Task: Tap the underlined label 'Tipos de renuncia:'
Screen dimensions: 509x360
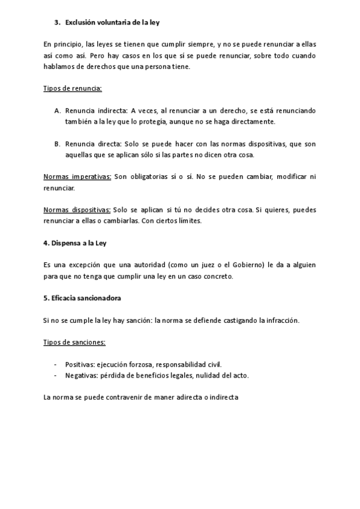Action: pos(73,88)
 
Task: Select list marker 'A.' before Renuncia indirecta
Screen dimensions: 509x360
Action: pos(58,111)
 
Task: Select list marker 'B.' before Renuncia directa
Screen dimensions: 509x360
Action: pos(58,144)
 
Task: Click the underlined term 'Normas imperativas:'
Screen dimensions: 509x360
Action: pos(77,177)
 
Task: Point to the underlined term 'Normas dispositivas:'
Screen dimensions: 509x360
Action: pos(77,210)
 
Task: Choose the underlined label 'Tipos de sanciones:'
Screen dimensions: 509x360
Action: pos(74,342)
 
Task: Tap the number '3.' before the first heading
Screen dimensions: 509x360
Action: pos(58,23)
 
